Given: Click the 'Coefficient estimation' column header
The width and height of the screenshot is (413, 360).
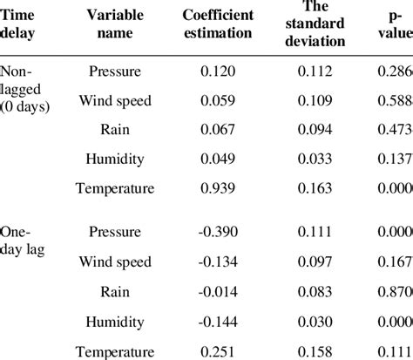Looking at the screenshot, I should click(x=217, y=26).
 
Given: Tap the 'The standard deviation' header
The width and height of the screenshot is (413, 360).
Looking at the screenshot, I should click(x=313, y=26).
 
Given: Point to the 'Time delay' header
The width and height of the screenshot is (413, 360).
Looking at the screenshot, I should click(x=19, y=26).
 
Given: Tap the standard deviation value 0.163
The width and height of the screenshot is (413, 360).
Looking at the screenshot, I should click(x=313, y=187).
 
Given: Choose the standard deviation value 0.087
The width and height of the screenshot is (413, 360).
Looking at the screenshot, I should click(x=313, y=262).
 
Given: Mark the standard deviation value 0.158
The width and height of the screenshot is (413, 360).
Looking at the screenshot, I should click(x=313, y=351).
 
